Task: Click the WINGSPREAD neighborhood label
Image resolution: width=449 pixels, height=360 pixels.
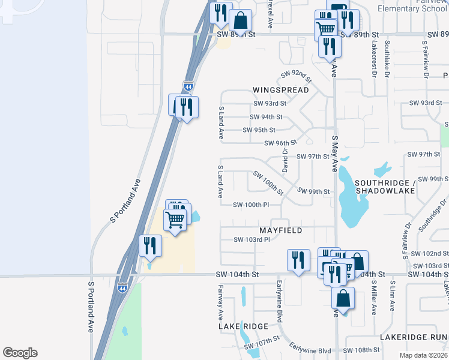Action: (280, 90)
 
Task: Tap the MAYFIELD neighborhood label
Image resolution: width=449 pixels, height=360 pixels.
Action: (280, 230)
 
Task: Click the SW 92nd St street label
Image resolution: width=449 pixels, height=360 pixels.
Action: (297, 77)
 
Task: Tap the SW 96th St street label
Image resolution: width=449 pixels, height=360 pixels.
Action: (280, 143)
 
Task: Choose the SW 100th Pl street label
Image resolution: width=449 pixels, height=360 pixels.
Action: (251, 205)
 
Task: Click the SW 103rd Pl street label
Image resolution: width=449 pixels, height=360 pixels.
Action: (252, 240)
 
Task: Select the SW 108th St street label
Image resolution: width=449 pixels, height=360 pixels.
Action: (362, 350)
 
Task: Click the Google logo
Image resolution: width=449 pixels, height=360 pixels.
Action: (20, 353)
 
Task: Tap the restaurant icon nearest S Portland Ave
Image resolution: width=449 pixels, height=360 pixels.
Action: (149, 246)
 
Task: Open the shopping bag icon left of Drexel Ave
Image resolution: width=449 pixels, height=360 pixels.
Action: (240, 20)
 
